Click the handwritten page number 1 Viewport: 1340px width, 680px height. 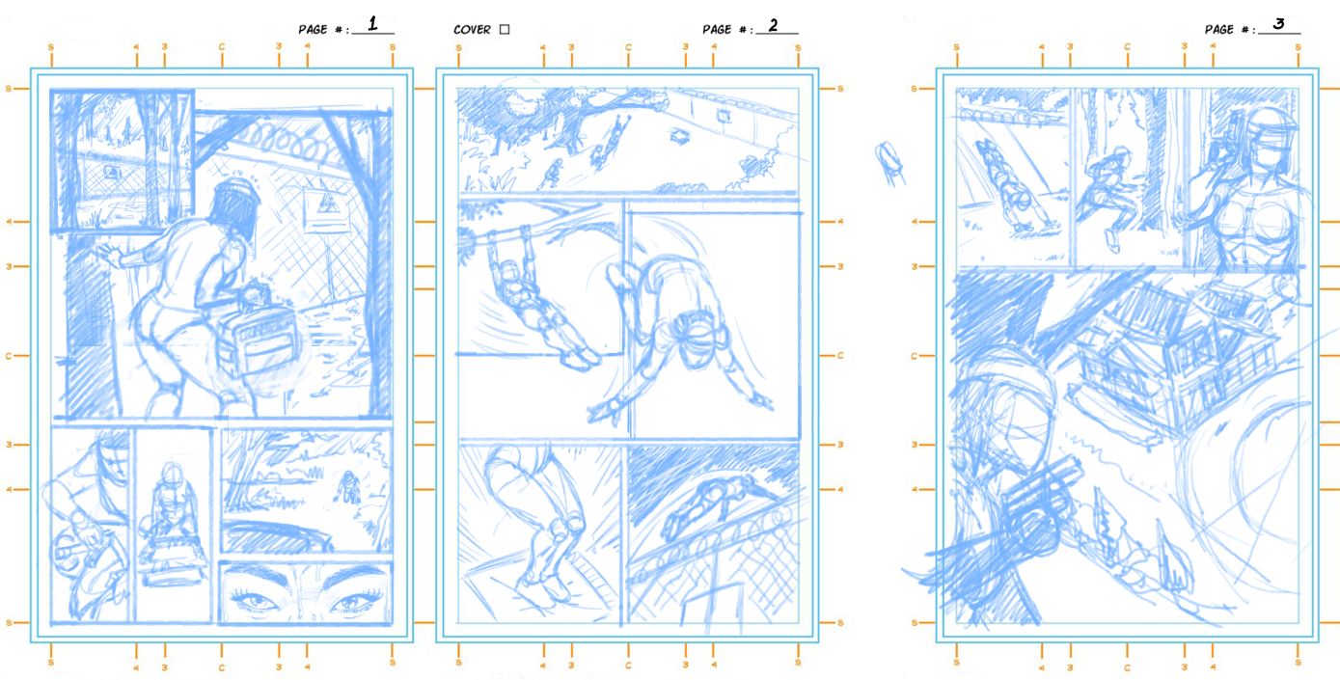[x=372, y=24]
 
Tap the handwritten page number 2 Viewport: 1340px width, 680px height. [x=774, y=25]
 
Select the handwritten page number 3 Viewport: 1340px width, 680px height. [x=1278, y=24]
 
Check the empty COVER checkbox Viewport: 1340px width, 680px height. [x=505, y=29]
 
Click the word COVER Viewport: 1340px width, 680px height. [x=472, y=29]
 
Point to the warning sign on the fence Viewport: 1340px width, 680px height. [x=326, y=208]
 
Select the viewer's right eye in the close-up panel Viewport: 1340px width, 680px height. [x=354, y=600]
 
